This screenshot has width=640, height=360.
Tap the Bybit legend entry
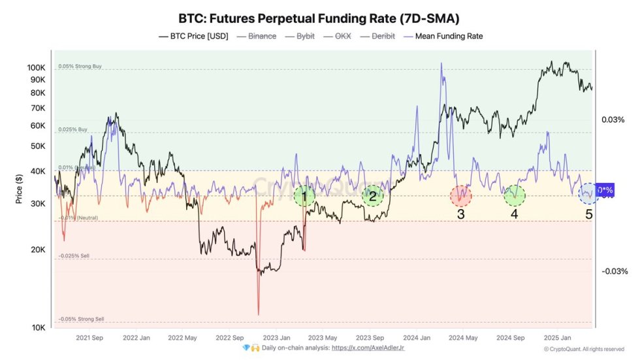pyautogui.click(x=301, y=36)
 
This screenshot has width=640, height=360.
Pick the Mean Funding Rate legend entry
pyautogui.click(x=443, y=36)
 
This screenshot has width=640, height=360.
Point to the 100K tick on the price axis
pyautogui.click(x=36, y=68)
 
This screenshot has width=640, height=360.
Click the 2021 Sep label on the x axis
pyautogui.click(x=89, y=338)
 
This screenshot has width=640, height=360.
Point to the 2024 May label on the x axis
pyautogui.click(x=463, y=338)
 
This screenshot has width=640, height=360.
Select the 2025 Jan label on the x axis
pyautogui.click(x=557, y=338)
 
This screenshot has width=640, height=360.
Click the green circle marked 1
pyautogui.click(x=304, y=195)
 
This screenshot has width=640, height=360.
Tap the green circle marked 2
pyautogui.click(x=372, y=195)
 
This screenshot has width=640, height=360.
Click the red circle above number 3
pyautogui.click(x=461, y=195)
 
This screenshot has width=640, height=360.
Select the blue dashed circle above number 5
pyautogui.click(x=588, y=194)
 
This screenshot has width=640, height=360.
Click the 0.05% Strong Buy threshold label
pyautogui.click(x=80, y=67)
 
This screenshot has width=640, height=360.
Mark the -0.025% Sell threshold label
pyautogui.click(x=73, y=256)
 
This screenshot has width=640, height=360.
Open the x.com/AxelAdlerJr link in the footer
pyautogui.click(x=368, y=348)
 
